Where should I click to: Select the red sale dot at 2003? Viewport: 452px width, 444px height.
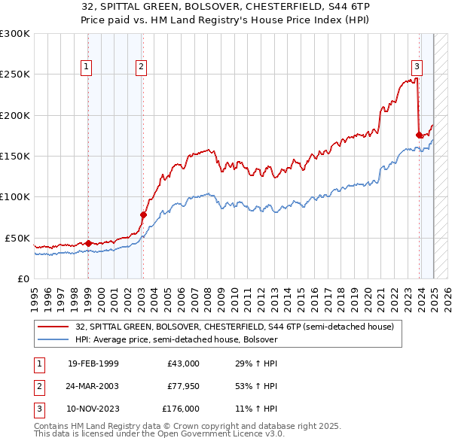point(143,214)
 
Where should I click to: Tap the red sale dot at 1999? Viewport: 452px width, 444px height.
point(88,243)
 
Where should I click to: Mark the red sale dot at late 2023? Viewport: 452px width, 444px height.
point(419,135)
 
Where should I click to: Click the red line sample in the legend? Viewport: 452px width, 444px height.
point(54,327)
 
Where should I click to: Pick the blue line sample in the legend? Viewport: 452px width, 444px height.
point(54,339)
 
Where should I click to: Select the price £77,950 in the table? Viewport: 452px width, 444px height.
point(182,386)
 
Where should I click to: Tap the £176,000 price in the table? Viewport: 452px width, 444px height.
point(180,409)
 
